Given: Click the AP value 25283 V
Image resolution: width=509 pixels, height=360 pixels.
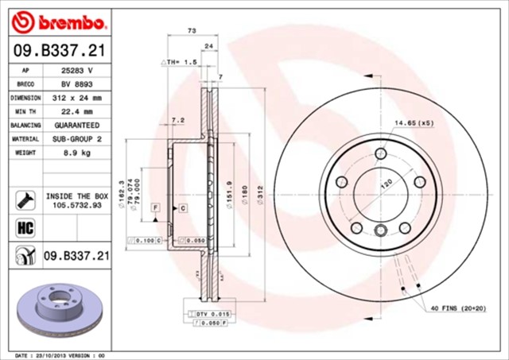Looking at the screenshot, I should (x=78, y=70).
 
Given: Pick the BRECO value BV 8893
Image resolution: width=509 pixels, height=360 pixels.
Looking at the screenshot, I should (x=77, y=83).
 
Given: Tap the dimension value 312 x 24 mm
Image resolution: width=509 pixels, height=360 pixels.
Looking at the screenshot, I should (x=78, y=97).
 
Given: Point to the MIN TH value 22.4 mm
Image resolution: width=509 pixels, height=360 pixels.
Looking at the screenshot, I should (x=77, y=111).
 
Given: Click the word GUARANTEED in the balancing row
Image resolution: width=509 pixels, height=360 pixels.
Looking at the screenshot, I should (x=77, y=125).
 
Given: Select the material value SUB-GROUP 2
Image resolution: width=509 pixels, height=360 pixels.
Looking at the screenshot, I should (x=77, y=138).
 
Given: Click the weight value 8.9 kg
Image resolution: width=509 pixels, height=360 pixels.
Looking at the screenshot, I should (x=77, y=152).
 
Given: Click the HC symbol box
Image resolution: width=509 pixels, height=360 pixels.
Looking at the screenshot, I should (x=22, y=227).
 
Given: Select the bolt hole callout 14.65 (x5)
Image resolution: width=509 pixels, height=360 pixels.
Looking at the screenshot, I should (x=413, y=124).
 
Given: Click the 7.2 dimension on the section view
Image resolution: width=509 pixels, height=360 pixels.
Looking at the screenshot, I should (x=178, y=120).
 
